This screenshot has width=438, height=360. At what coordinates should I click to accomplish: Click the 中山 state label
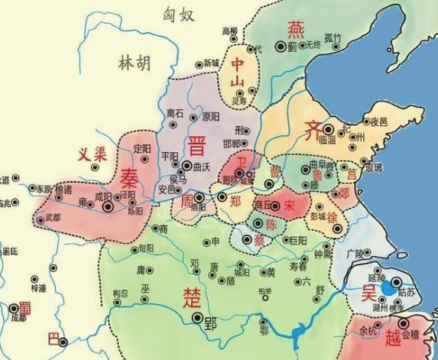242,73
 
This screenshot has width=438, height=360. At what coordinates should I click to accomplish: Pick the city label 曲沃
202,165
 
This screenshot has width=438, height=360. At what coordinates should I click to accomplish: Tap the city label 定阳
143,146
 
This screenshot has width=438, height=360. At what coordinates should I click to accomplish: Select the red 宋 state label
288,205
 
